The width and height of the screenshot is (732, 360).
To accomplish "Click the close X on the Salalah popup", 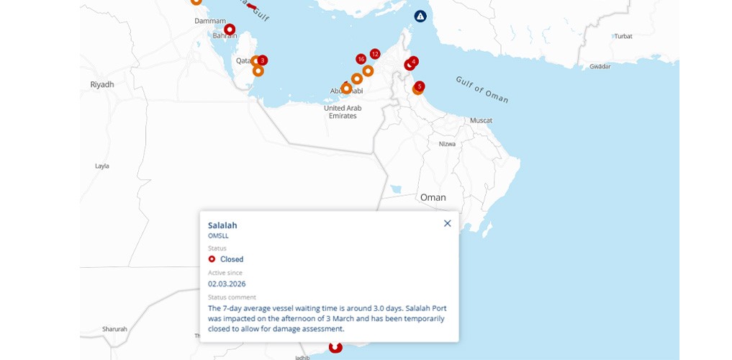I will [x=447, y=223].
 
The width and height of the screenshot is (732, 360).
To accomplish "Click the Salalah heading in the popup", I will [x=222, y=225].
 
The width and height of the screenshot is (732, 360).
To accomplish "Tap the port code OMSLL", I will [x=218, y=235].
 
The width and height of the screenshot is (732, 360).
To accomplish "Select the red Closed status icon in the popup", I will [x=212, y=259].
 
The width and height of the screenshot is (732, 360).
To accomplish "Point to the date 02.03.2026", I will [x=227, y=284].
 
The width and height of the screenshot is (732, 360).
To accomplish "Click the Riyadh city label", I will [x=102, y=84].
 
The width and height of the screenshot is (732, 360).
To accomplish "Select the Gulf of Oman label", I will [x=482, y=89].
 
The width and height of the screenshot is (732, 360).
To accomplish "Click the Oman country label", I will [x=433, y=197].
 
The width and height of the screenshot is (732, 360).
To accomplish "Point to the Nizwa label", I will [x=448, y=144].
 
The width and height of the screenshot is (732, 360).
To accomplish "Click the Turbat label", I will [x=623, y=36].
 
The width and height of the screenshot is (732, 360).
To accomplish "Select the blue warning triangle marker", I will [x=420, y=16].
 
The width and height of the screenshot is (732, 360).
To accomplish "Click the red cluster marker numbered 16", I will [x=361, y=59].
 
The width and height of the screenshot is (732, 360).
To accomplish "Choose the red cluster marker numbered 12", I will [x=374, y=54].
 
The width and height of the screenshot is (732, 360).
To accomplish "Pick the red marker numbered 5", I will [x=420, y=86].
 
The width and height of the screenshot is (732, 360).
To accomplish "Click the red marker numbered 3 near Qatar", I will [x=263, y=60].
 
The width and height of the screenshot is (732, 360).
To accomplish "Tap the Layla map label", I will [x=102, y=166].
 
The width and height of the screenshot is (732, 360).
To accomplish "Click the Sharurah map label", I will [x=114, y=329].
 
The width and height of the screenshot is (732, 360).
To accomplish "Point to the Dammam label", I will [x=210, y=21].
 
